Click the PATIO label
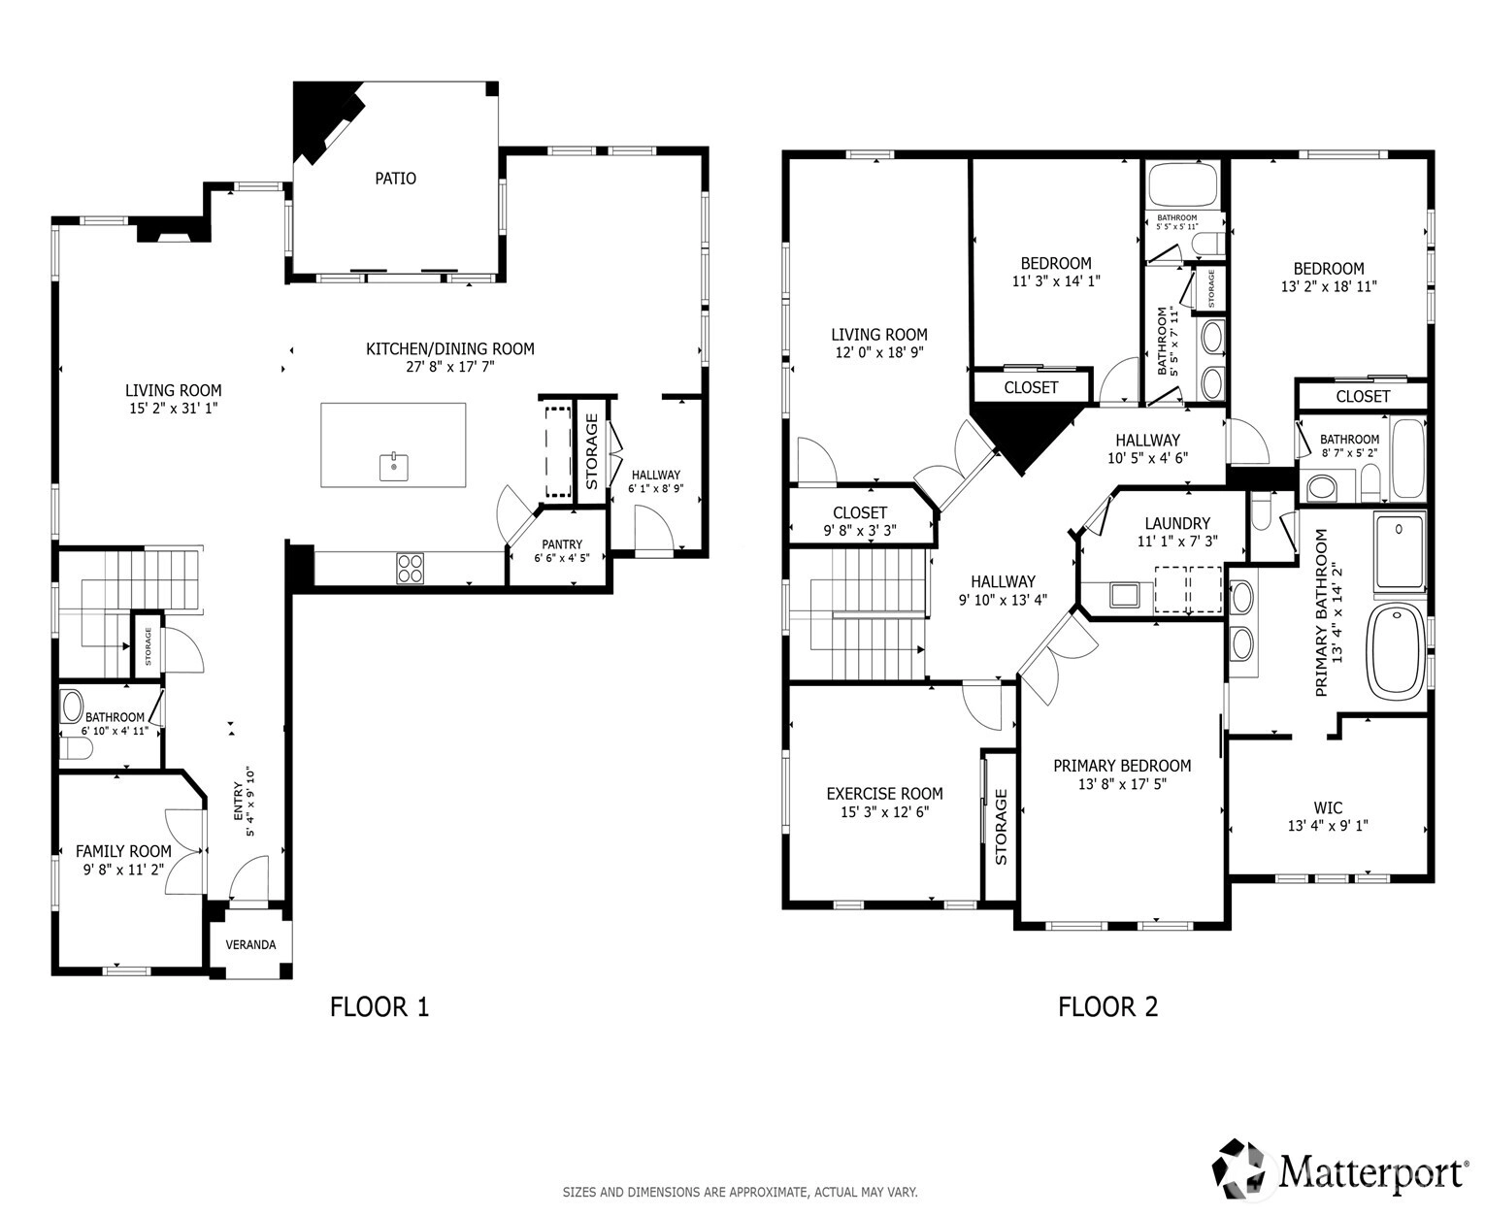tap(395, 179)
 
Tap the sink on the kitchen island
tap(394, 466)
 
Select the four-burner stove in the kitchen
tap(410, 569)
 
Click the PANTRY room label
tap(562, 544)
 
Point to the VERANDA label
tap(250, 945)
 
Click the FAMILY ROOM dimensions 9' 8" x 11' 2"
tap(123, 870)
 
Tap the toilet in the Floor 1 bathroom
tap(76, 748)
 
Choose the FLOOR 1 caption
tap(379, 1007)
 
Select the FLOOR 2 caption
tap(1107, 1007)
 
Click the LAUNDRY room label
tap(1177, 523)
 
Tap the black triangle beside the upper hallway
tap(1022, 438)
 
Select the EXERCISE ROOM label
tap(884, 794)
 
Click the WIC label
tap(1328, 807)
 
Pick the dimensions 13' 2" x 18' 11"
tap(1329, 286)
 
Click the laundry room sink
tap(1125, 595)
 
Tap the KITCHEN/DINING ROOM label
tap(450, 348)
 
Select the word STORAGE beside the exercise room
tap(1002, 827)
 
